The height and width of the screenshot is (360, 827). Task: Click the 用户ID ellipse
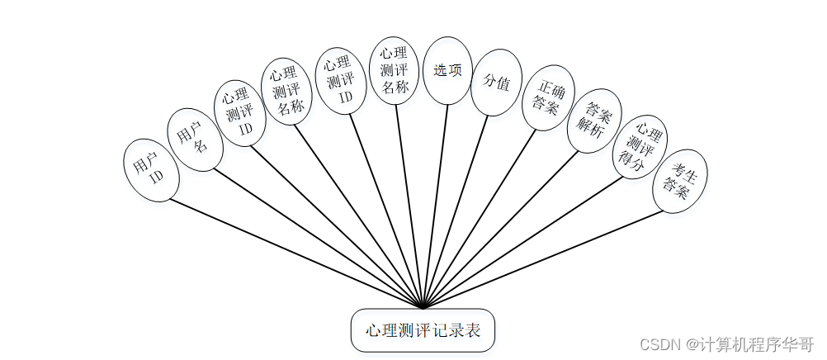coord(151,170)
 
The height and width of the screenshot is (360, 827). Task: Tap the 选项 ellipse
coord(447,70)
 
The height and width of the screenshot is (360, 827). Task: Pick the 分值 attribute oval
coord(496,82)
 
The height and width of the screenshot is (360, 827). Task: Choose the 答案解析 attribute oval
coord(594,121)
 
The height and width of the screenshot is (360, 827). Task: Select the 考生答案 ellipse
coord(680,182)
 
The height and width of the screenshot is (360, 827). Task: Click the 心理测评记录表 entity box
coord(423,330)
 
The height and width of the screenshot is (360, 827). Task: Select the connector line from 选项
coord(435,206)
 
